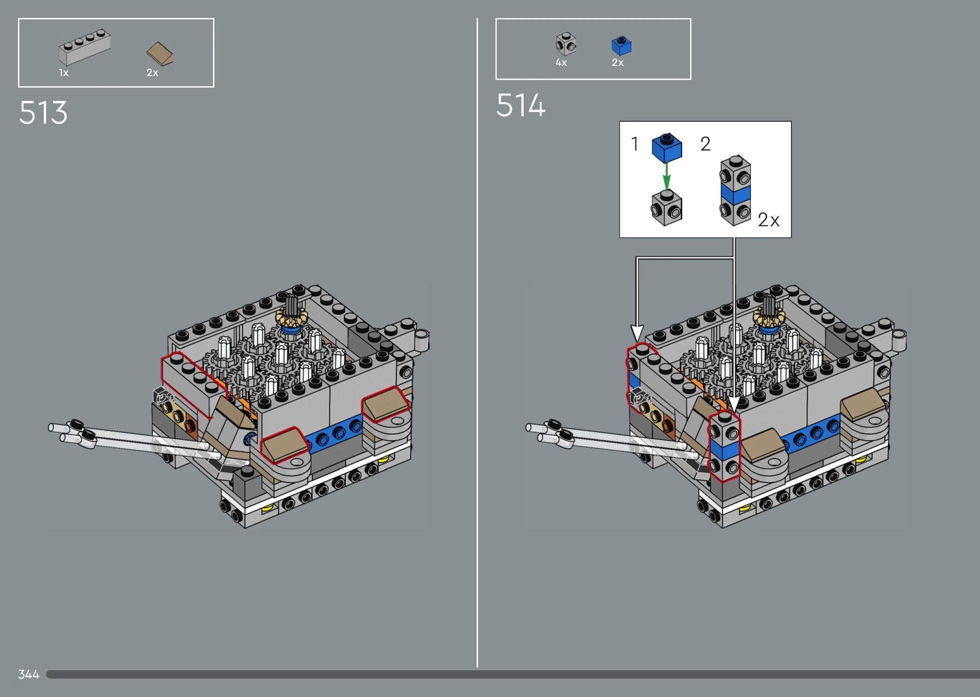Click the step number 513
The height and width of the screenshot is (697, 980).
tap(43, 112)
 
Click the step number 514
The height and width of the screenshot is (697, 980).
tap(521, 105)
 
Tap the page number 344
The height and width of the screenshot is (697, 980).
tap(29, 674)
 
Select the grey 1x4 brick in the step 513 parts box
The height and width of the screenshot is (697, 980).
tap(85, 47)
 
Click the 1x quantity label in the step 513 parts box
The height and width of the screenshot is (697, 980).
tap(64, 73)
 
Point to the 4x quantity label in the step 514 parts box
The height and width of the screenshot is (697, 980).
tap(561, 63)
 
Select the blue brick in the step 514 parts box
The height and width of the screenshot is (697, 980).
tap(621, 46)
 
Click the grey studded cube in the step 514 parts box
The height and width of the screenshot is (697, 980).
tap(566, 44)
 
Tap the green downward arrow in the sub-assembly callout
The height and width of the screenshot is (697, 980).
tap(667, 176)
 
